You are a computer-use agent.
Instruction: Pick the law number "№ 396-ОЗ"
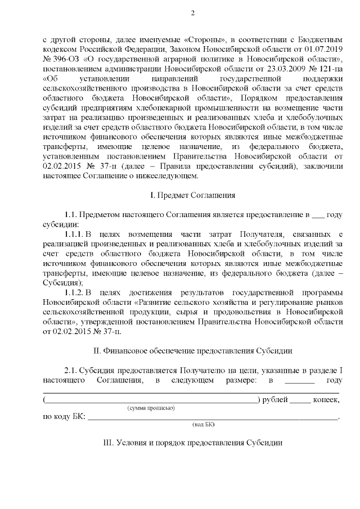[61, 61]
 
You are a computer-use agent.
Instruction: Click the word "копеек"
[327, 399]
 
